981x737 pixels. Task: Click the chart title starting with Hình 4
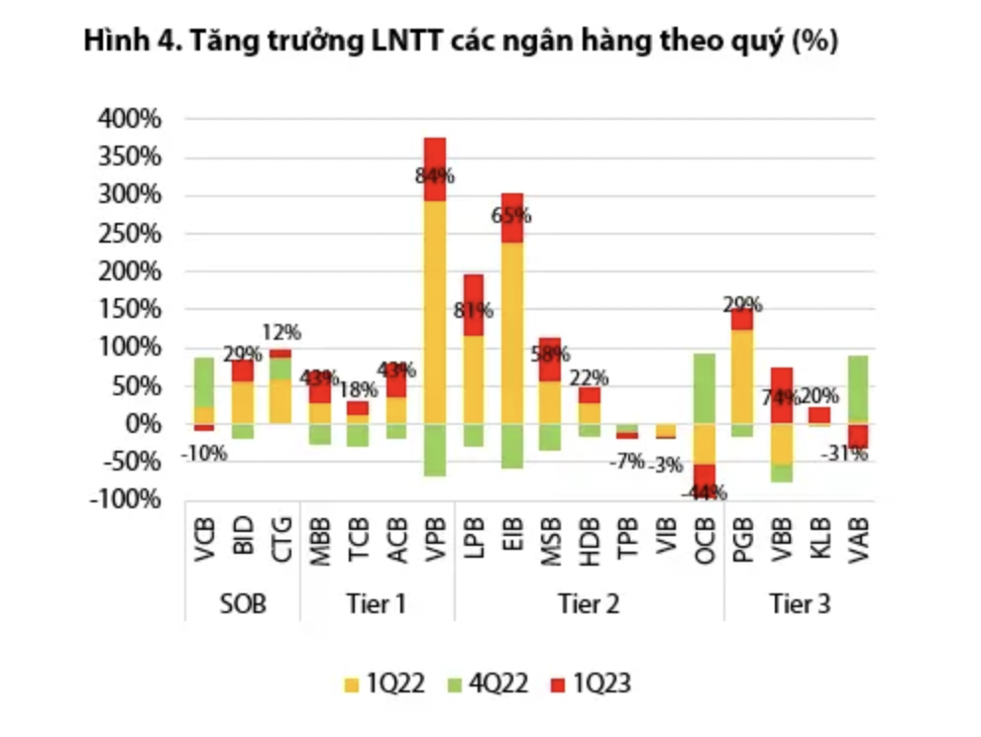coord(462,42)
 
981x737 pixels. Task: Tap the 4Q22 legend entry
coord(491,683)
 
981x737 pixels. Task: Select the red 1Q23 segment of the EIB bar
coord(512,218)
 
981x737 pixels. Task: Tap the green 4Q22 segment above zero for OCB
coord(705,388)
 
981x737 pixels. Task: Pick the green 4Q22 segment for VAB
coord(858,388)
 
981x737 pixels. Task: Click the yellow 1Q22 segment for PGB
coord(742,376)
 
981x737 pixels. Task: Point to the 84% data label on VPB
coord(435,176)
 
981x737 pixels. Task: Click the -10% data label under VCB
coord(205,455)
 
